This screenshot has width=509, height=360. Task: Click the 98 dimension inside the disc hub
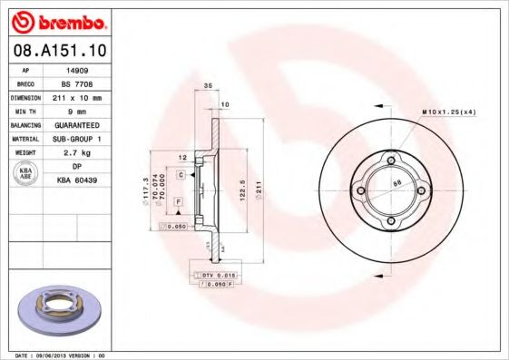tap(396, 184)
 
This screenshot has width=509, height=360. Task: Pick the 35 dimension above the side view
tap(208, 84)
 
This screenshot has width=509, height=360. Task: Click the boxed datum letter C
tap(181, 173)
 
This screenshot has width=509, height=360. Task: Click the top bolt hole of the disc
tap(391, 161)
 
